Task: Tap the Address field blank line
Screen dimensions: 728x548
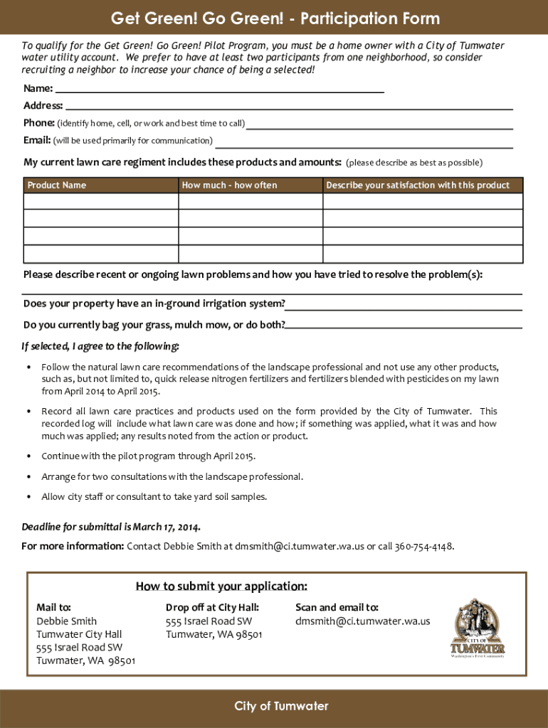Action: (x=288, y=105)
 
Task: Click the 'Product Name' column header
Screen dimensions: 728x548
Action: (x=57, y=186)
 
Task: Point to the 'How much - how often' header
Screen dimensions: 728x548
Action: (x=230, y=186)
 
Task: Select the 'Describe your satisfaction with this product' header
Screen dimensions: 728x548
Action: (x=418, y=186)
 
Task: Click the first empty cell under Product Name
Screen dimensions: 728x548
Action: (x=100, y=201)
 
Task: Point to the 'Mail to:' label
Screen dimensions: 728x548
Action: (x=53, y=608)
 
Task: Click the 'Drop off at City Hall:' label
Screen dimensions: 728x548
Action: (x=212, y=608)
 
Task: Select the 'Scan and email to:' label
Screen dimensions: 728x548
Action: (x=337, y=608)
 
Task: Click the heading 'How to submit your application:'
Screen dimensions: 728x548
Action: (x=221, y=587)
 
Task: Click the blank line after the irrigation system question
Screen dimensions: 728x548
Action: (x=404, y=305)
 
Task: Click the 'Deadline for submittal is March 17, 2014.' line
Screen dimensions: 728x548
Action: (x=111, y=528)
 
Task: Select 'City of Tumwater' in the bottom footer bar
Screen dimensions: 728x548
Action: (x=282, y=706)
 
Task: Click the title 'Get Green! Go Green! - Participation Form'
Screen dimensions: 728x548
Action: (x=275, y=18)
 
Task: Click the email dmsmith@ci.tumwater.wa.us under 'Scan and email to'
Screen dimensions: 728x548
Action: (x=362, y=621)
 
